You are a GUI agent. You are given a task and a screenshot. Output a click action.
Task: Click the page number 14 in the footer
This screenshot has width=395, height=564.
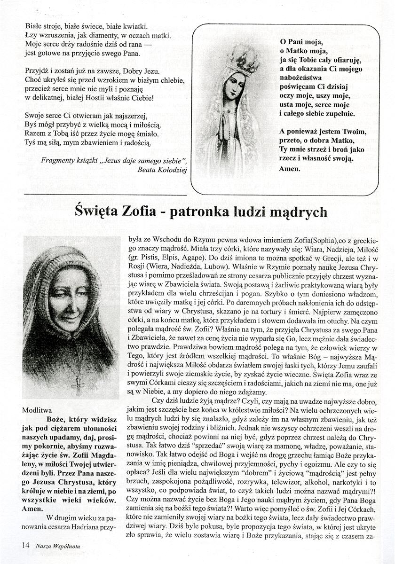pos(25,546)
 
